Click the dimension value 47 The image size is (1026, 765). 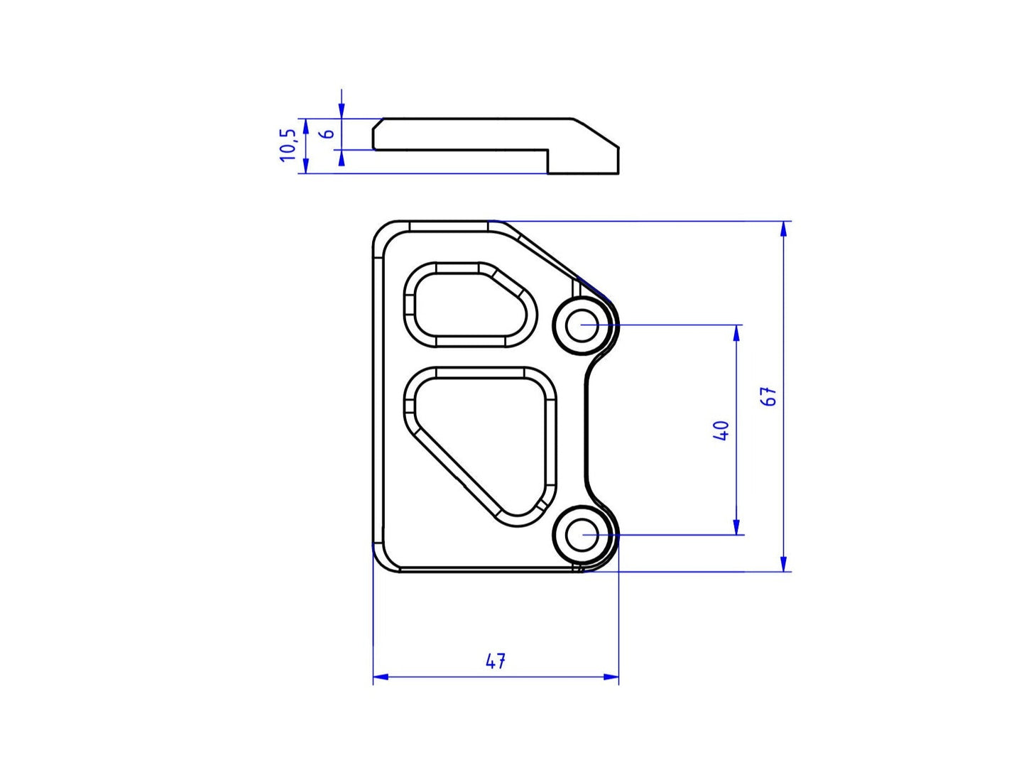496,661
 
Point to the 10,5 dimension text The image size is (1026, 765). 288,145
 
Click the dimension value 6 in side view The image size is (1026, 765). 327,134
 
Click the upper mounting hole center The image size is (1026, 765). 582,325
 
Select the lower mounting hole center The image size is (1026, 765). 582,535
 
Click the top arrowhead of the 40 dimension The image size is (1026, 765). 737,332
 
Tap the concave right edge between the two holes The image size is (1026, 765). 586,430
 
